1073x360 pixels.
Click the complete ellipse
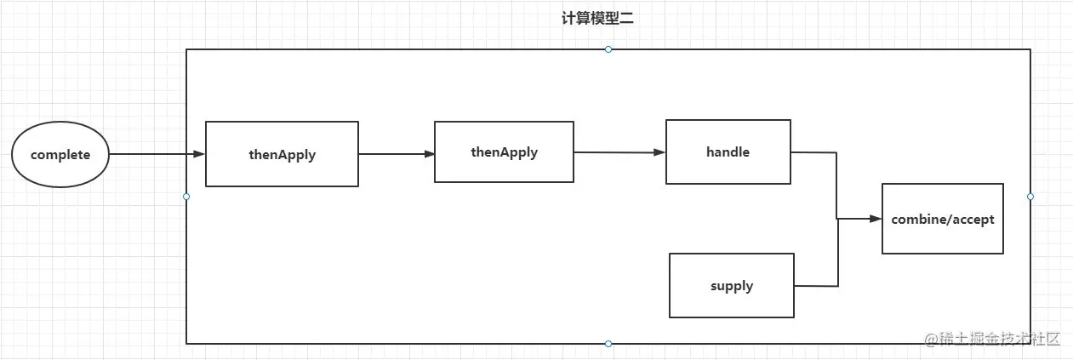click(60, 155)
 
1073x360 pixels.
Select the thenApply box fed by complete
click(282, 154)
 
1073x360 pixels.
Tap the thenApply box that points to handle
click(504, 152)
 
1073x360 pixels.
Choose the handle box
click(728, 152)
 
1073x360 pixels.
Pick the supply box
click(732, 285)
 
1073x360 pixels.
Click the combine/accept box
click(942, 219)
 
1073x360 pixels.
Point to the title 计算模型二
click(597, 20)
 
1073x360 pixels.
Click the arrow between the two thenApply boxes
click(396, 154)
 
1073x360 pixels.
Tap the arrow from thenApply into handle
click(619, 152)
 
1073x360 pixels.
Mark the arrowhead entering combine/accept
click(876, 219)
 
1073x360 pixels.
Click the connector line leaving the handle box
click(814, 152)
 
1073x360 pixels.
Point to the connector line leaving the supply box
click(816, 285)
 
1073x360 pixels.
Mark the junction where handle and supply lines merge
click(838, 219)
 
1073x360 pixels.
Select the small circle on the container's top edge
click(608, 49)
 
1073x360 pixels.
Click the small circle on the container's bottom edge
click(608, 344)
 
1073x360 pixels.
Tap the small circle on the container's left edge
click(186, 197)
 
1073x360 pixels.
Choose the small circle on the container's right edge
click(1030, 197)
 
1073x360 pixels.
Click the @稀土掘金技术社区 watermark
click(992, 338)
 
